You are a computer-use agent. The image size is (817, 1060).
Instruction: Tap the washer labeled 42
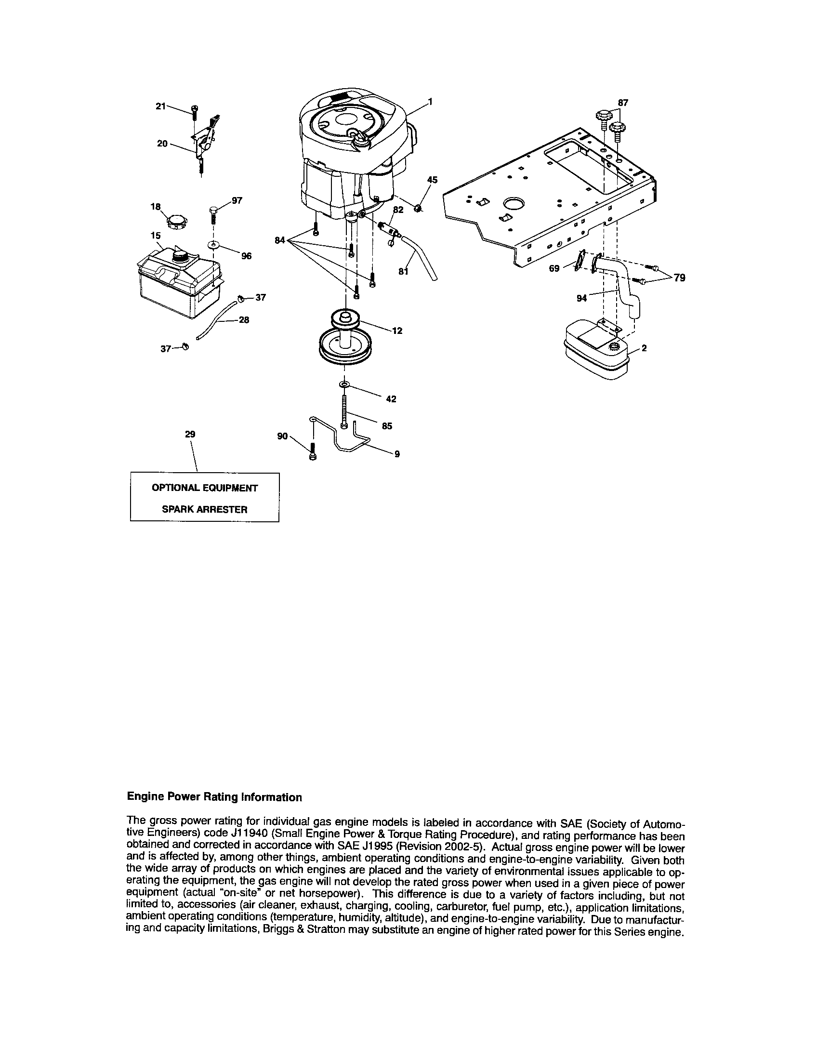point(344,384)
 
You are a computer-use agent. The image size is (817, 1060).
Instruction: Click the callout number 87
point(623,103)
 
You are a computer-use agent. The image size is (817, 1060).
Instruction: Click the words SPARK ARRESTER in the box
point(204,510)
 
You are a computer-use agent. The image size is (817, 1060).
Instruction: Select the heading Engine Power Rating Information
point(214,797)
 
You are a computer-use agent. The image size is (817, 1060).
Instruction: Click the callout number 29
point(190,435)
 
